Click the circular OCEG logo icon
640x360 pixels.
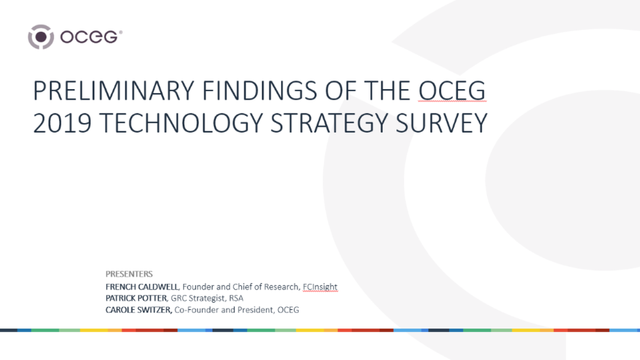pyautogui.click(x=41, y=37)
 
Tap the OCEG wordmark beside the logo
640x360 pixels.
pyautogui.click(x=92, y=37)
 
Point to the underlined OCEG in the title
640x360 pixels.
pyautogui.click(x=451, y=92)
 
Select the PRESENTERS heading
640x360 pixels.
pyautogui.click(x=129, y=274)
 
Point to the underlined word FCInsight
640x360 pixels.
pyautogui.click(x=320, y=287)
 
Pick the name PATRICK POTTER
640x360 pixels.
pyautogui.click(x=136, y=298)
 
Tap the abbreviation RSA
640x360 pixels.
pyautogui.click(x=236, y=298)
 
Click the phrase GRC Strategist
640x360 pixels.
pyautogui.click(x=199, y=298)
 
